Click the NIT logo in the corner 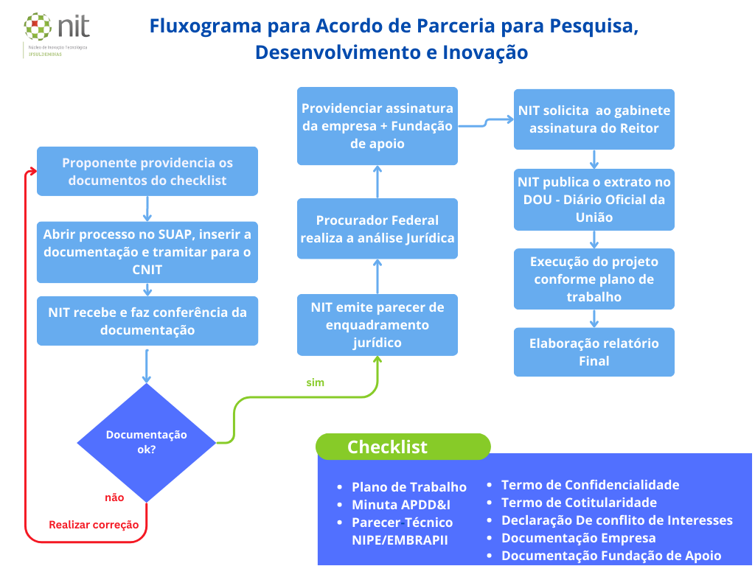point(57,32)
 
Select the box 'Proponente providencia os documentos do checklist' point(147,171)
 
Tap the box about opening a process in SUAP point(147,252)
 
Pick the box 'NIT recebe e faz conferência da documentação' point(147,321)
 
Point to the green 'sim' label point(315,382)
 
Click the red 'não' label point(114,497)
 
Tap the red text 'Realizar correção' point(94,525)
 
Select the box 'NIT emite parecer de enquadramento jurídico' point(377,324)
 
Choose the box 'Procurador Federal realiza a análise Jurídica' point(377,228)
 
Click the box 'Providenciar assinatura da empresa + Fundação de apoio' point(377,125)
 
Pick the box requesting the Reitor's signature point(594,119)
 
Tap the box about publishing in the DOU point(594,199)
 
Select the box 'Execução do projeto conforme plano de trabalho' point(594,279)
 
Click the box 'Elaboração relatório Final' point(594,352)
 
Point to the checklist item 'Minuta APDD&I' point(400,505)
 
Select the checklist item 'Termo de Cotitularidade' point(579,503)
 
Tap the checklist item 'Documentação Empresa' point(578,538)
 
